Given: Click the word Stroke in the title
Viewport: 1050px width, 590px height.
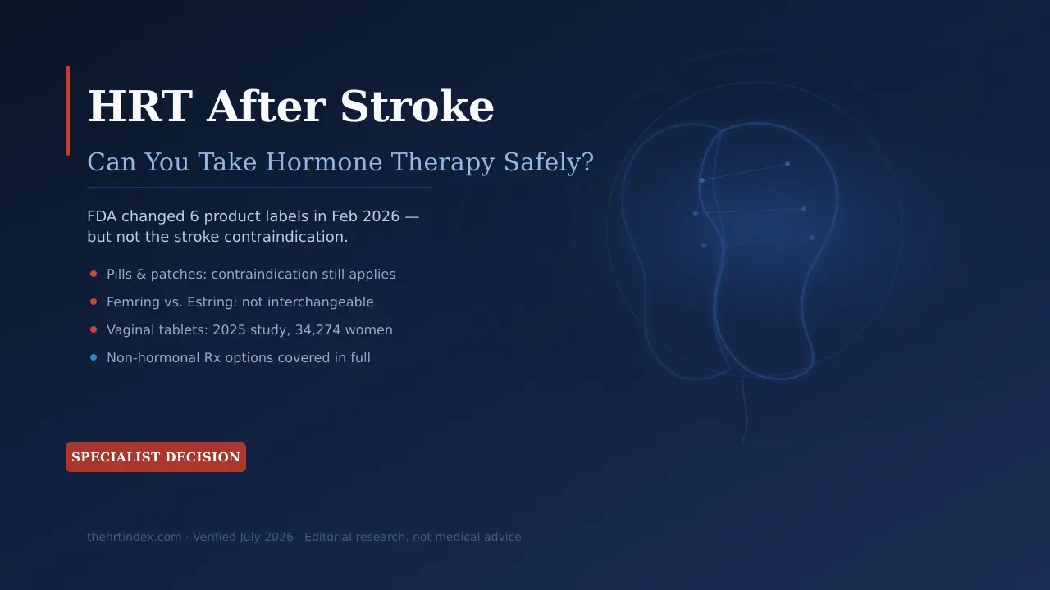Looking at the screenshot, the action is tap(417, 107).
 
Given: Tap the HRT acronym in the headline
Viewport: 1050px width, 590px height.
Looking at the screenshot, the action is tap(140, 107).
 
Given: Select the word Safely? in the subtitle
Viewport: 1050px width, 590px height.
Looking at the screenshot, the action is tap(549, 162).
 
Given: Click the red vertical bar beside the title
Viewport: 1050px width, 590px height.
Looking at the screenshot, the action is tap(68, 111).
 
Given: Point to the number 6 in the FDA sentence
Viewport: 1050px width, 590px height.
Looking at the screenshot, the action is tap(194, 216).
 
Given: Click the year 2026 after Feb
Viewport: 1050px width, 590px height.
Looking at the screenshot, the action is tap(381, 216).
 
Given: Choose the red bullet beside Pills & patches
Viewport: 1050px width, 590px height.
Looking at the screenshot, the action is tap(94, 274).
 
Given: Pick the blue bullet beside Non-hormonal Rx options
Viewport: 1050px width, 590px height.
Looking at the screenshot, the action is tap(94, 358).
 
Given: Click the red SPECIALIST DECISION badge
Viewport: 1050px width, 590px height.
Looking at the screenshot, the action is tap(156, 457).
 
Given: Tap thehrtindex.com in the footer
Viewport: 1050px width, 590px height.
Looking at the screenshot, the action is tap(134, 537).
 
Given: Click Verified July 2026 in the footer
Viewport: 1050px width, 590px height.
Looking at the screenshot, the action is tap(243, 537).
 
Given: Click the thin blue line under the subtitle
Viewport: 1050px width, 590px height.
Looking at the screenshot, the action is tap(259, 188).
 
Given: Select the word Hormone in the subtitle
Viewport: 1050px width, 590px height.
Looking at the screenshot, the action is tap(324, 162).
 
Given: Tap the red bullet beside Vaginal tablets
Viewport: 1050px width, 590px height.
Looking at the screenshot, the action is tap(94, 329).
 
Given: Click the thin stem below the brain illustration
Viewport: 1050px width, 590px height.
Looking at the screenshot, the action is tap(744, 410).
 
